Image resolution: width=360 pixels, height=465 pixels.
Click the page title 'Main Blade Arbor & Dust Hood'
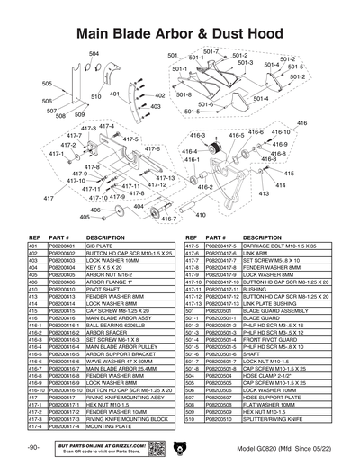coord(180,33)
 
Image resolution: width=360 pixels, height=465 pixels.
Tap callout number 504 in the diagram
coord(94,55)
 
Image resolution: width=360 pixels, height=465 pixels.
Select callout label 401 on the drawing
coord(115,92)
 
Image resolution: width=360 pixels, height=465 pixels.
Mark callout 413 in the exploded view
coord(265,193)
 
